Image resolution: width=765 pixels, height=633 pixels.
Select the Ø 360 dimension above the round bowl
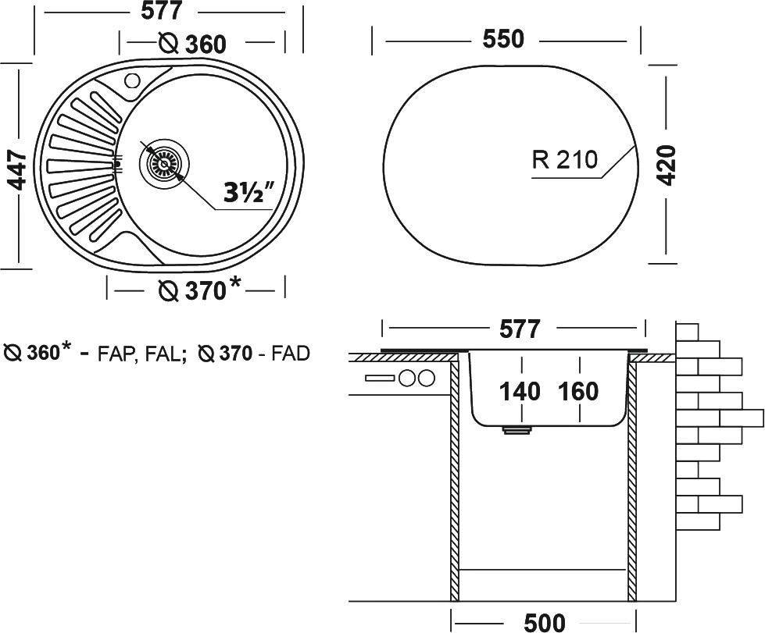tap(192, 44)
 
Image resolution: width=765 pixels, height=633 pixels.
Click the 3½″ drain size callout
tap(245, 193)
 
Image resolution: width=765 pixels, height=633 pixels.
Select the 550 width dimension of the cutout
tap(502, 39)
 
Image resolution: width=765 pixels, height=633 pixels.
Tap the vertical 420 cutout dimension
tap(665, 163)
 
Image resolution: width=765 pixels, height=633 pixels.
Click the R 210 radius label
tap(564, 160)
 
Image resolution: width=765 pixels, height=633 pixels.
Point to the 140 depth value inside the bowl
tap(520, 391)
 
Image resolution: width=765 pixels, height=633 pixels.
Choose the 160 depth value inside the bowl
tap(578, 391)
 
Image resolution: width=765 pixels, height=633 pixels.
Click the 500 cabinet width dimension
tap(545, 621)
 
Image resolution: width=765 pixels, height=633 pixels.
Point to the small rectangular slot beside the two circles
tap(381, 379)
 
